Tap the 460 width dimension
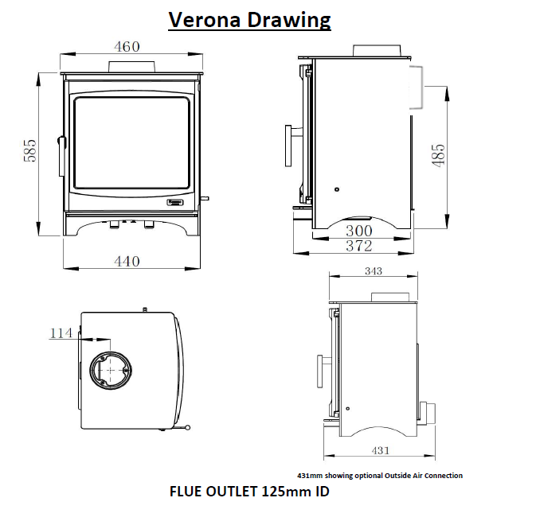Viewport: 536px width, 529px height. (x=127, y=46)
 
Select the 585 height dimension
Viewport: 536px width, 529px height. (x=30, y=152)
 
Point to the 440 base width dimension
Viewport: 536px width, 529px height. (x=127, y=261)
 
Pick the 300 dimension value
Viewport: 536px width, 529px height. (x=359, y=231)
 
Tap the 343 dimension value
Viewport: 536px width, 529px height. (x=373, y=272)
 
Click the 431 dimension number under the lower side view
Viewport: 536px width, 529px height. (x=381, y=451)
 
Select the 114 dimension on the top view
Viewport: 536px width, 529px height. (x=61, y=333)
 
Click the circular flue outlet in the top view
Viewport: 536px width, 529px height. (x=109, y=371)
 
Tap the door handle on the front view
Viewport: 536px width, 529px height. (x=59, y=155)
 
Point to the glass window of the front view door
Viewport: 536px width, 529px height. (x=132, y=144)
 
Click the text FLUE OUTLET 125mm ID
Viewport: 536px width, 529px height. (x=249, y=492)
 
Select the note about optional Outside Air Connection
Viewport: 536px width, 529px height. (x=379, y=475)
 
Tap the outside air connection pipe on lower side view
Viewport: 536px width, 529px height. (x=428, y=411)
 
